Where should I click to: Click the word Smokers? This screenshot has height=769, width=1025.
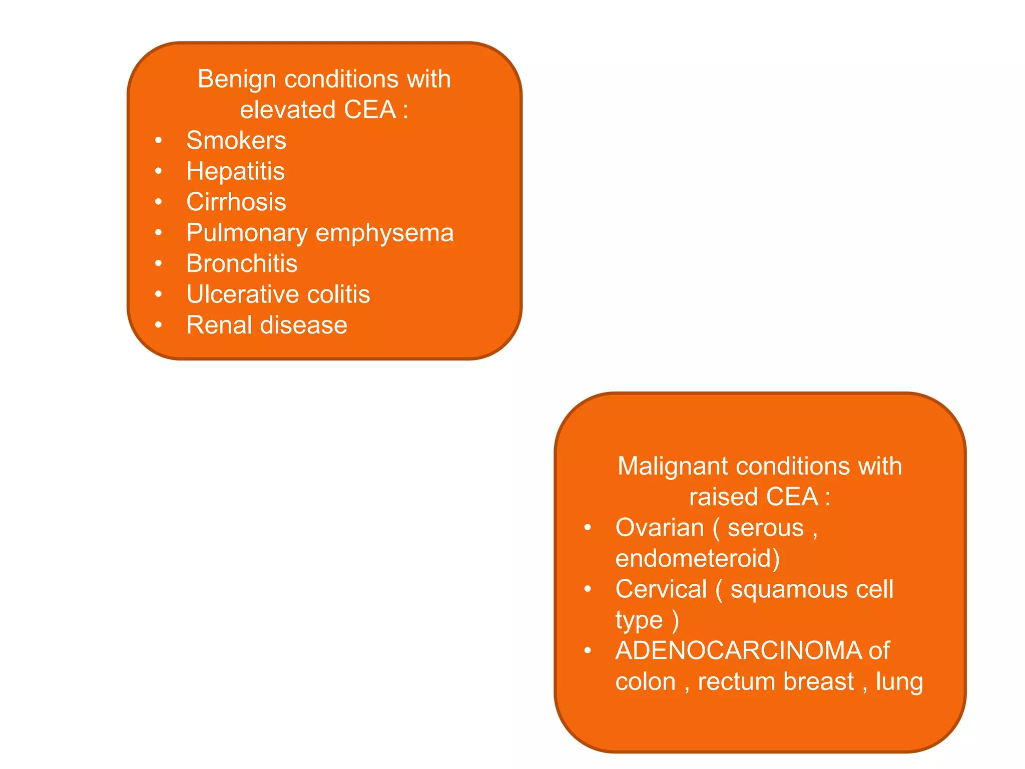point(236,141)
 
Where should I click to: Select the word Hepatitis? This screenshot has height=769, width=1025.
point(235,172)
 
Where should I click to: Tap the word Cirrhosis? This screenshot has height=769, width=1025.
point(236,202)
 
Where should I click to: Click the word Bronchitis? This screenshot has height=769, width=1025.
point(242,264)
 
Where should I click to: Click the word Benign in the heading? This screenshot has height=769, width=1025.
point(236,80)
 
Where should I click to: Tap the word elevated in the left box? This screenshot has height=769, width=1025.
point(287,110)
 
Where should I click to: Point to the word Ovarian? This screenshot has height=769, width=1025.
point(660,528)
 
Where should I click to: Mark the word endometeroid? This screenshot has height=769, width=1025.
point(697,559)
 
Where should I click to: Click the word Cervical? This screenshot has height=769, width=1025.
point(661,590)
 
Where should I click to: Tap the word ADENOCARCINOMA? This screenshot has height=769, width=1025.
point(739,651)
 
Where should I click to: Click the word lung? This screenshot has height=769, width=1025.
point(899,682)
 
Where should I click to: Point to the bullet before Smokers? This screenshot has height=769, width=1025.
point(159,141)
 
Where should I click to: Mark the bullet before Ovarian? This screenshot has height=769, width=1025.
point(588,528)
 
